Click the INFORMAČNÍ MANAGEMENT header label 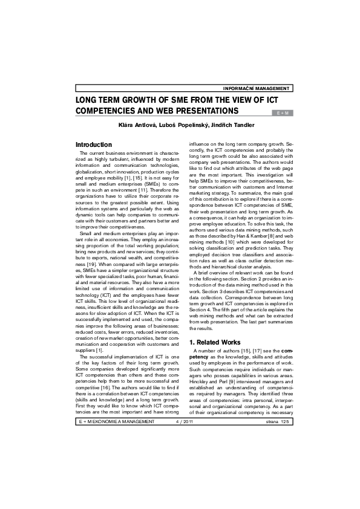(257, 88)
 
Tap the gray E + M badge (282, 112)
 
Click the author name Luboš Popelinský (177, 125)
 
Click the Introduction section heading (93, 145)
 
